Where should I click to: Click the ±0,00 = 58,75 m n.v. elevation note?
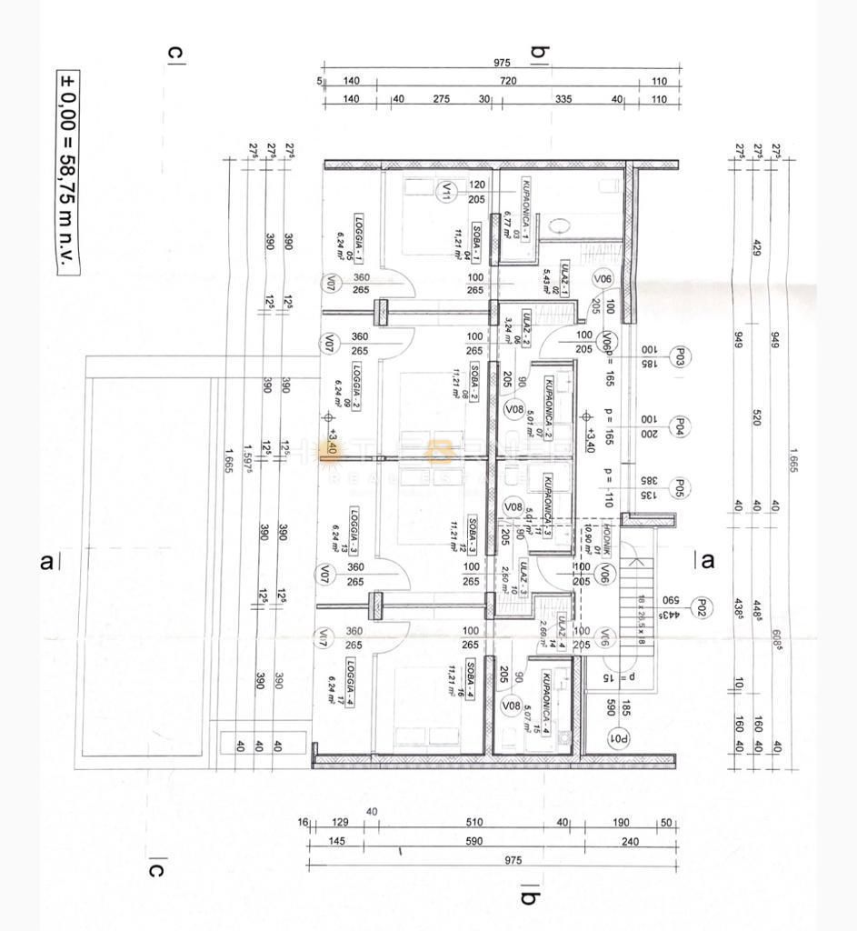tap(68, 173)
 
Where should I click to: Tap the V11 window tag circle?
tap(447, 192)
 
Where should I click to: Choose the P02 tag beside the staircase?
tap(701, 606)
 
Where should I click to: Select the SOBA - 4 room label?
tap(472, 677)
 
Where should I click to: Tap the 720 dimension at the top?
tap(508, 81)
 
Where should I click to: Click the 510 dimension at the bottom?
tap(474, 823)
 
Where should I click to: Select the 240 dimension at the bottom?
tap(631, 841)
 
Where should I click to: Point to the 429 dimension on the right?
tap(755, 247)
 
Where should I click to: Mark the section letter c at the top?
tap(174, 53)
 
